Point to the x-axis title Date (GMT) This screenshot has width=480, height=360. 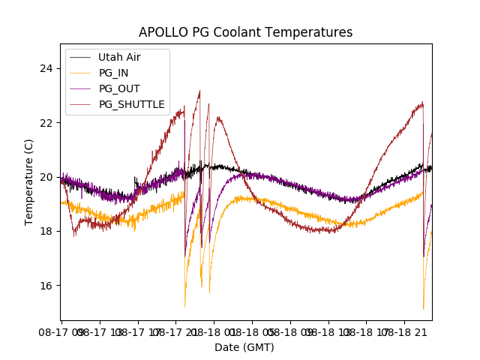click(x=244, y=347)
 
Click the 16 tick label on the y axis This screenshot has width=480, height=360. click(x=46, y=285)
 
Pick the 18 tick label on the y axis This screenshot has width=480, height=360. click(x=46, y=231)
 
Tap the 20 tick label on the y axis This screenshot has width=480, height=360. click(x=46, y=177)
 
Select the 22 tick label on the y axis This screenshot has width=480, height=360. click(x=46, y=123)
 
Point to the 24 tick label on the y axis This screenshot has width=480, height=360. click(x=46, y=69)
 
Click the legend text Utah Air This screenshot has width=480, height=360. click(x=119, y=58)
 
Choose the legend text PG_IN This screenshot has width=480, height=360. click(x=114, y=73)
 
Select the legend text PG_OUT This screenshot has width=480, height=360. click(x=119, y=88)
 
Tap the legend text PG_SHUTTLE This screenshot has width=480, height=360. click(x=132, y=104)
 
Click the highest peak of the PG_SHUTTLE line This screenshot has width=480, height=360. click(x=199, y=91)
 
